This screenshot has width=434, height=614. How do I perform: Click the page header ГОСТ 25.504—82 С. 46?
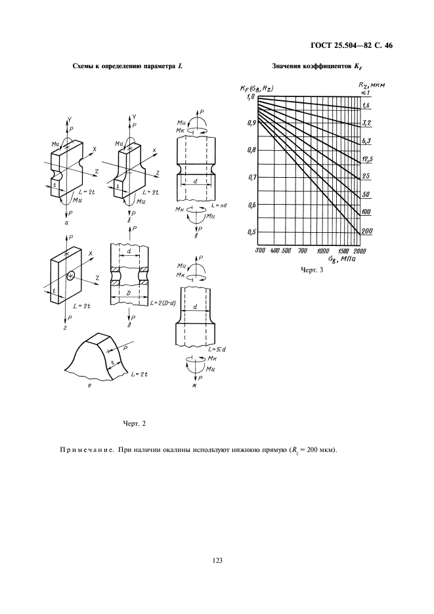[351, 46]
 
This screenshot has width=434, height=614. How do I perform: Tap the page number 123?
[217, 560]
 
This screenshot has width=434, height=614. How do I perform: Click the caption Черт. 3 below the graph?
[312, 270]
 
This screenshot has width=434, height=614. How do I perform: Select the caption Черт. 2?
[134, 423]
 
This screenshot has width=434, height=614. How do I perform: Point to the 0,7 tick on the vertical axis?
[251, 177]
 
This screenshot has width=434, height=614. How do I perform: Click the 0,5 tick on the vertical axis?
[251, 232]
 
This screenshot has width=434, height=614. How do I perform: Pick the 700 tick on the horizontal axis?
[302, 251]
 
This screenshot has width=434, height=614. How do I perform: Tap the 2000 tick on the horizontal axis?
[360, 251]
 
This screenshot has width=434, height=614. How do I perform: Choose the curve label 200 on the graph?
[367, 231]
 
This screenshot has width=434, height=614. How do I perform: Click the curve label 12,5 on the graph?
[367, 158]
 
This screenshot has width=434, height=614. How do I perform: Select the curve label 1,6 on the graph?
[366, 105]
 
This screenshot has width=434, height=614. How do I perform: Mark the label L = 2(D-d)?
[162, 302]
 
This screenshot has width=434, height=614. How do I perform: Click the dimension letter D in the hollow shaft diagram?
[128, 293]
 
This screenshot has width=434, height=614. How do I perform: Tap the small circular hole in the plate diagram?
[70, 276]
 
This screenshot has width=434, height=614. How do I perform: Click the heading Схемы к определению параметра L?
[128, 66]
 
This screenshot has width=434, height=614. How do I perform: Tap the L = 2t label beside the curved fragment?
[140, 375]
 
